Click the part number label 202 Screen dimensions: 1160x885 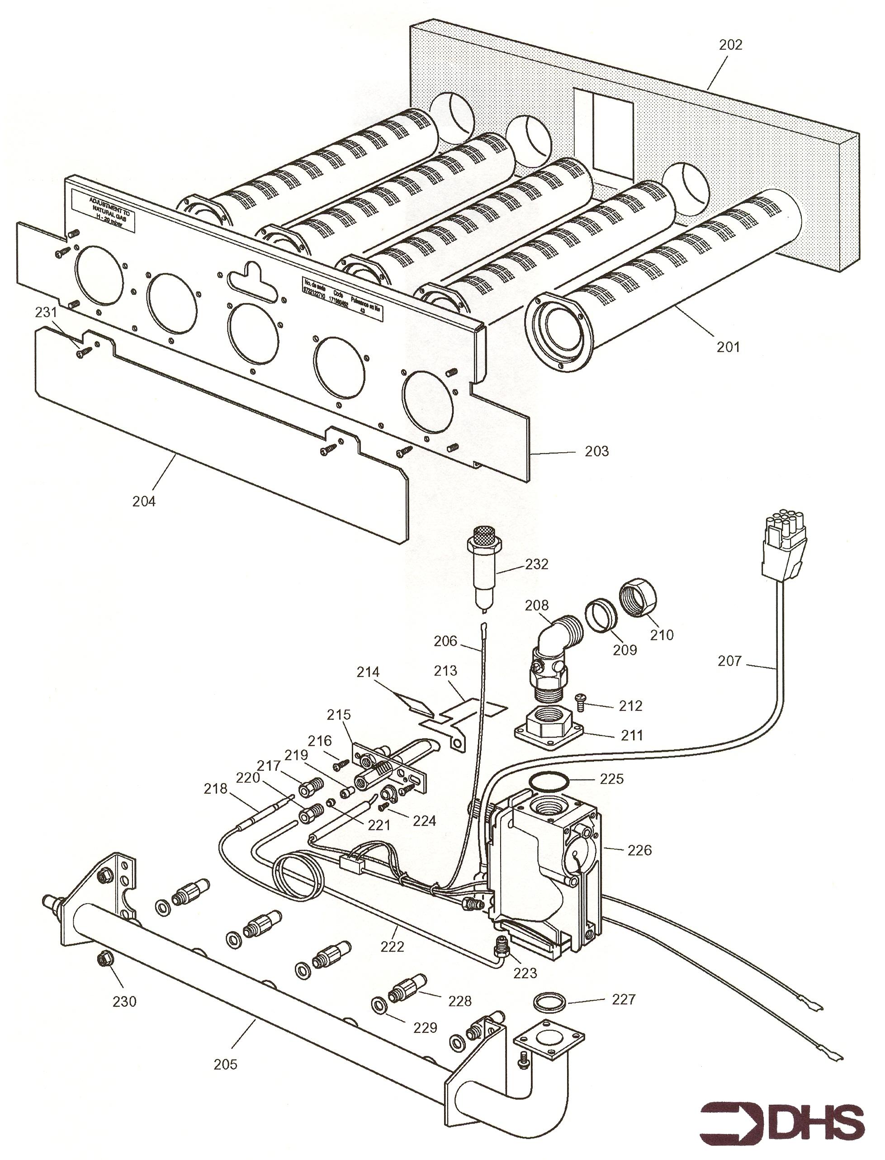click(731, 45)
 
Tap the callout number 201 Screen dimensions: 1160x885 click(728, 347)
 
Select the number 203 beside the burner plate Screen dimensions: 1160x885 click(597, 451)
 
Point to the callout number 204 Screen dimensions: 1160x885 click(144, 501)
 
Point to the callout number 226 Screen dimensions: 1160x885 click(639, 850)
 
